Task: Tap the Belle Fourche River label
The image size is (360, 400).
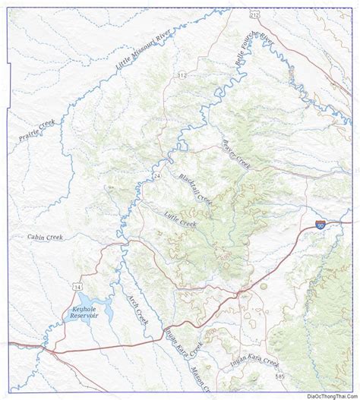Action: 251,53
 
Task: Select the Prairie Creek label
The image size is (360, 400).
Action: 38,130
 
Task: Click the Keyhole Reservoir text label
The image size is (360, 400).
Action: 83,320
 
